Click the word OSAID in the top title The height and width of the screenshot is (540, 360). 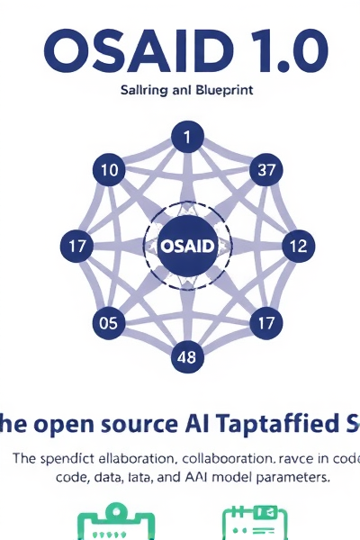(x=118, y=52)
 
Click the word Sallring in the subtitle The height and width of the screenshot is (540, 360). (x=145, y=90)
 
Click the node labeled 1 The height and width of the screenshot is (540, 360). (x=188, y=139)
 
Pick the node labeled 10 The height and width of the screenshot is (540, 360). (x=109, y=169)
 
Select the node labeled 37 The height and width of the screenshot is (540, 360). (x=265, y=169)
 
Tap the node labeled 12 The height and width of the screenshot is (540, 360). (x=300, y=246)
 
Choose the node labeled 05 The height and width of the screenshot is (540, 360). (x=109, y=323)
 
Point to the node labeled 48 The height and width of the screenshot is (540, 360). (x=187, y=356)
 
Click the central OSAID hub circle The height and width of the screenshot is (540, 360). (x=188, y=246)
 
